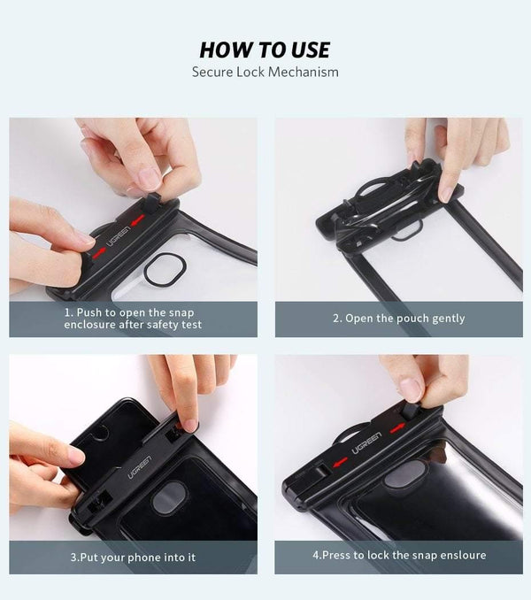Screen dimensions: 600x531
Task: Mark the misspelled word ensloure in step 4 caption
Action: (461, 556)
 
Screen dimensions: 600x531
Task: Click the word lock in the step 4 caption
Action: (374, 556)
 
